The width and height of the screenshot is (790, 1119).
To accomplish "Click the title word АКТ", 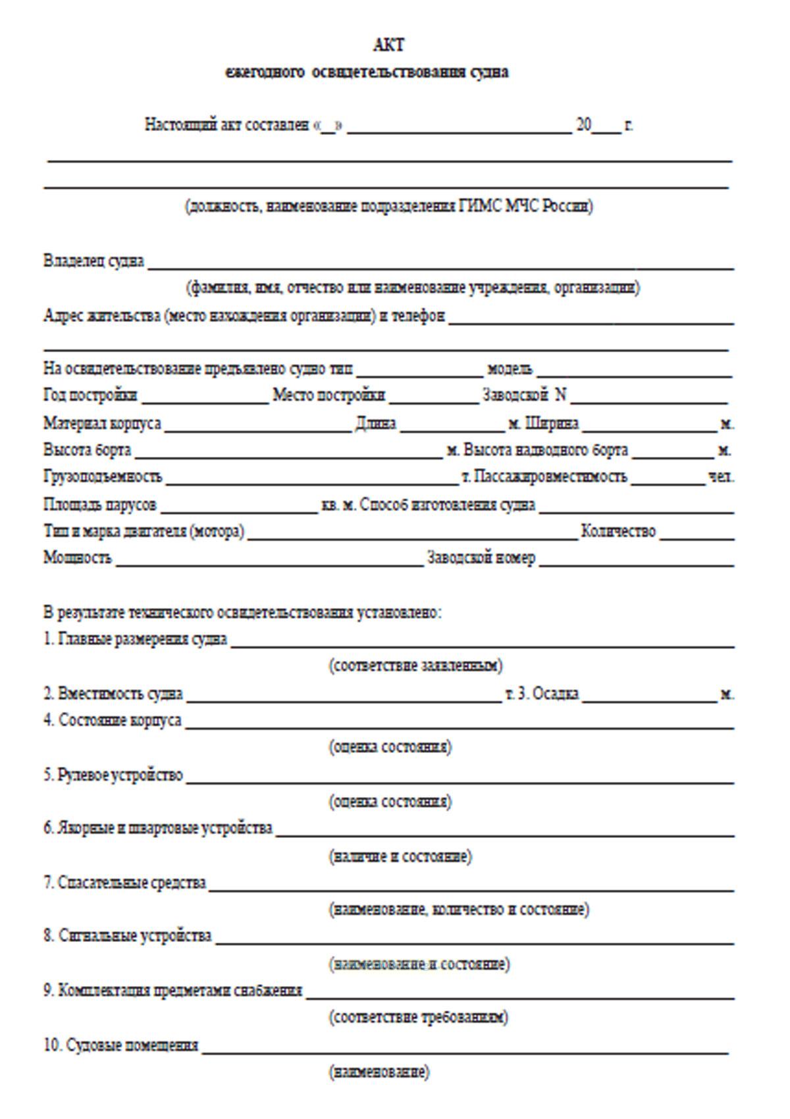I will coord(388,45).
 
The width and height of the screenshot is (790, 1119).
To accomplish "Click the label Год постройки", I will coord(90,395).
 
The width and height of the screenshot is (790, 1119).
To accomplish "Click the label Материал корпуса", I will coord(102,423).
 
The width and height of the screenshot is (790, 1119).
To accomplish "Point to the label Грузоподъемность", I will coord(103,477).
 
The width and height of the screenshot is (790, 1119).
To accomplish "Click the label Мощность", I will coord(78,558).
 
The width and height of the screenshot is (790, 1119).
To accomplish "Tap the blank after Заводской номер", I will coord(635,561).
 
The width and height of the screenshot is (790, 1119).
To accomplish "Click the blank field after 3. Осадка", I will coord(649,697).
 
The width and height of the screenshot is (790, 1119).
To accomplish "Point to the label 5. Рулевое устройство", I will coord(113,775).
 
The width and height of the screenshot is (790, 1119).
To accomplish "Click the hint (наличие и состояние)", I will coord(400,856).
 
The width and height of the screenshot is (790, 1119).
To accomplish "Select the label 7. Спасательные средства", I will coord(125,883).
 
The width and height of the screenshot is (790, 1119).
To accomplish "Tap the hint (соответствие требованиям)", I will coord(418,1018).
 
